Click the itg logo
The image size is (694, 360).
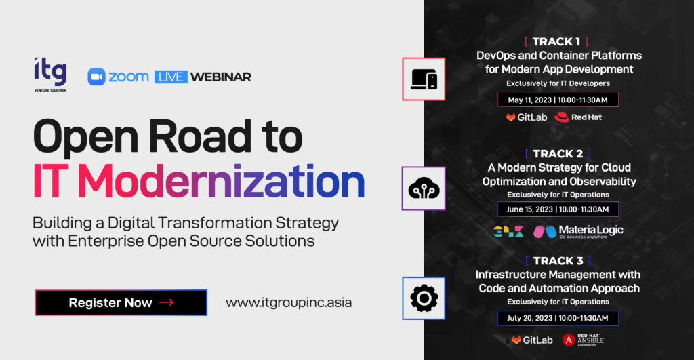click(x=50, y=75)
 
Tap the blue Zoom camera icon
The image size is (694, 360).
click(x=96, y=77)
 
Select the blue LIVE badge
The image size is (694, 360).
click(x=171, y=77)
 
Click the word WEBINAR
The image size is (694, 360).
click(x=220, y=77)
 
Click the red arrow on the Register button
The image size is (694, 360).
click(x=166, y=302)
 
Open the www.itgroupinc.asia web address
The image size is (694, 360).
click(x=289, y=303)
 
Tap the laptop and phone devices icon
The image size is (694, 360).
click(x=424, y=79)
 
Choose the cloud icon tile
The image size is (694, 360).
click(x=424, y=188)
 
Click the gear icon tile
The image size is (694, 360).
click(x=424, y=298)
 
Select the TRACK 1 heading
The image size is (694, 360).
click(x=556, y=41)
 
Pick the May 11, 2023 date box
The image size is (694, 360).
click(x=558, y=100)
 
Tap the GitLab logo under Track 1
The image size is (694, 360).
click(x=527, y=117)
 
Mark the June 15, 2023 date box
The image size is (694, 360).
click(x=558, y=209)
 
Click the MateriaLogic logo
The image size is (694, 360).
click(x=579, y=231)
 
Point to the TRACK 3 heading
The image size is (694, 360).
click(x=558, y=261)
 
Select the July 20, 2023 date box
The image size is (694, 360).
click(x=558, y=318)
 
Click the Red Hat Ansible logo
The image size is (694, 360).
click(x=584, y=340)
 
